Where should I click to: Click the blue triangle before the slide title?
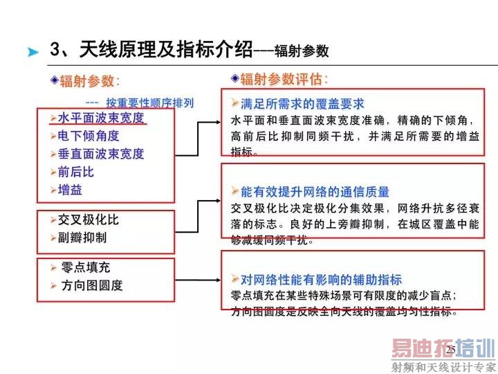click(x=33, y=51)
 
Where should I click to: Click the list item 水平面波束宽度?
click(x=101, y=118)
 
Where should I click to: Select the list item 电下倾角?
click(x=89, y=136)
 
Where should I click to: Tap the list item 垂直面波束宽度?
click(x=101, y=154)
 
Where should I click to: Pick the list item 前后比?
click(x=76, y=172)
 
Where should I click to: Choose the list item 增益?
click(x=70, y=190)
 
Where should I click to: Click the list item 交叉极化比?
click(x=89, y=220)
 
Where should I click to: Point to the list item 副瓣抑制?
click(x=82, y=238)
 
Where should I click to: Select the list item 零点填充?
click(x=86, y=267)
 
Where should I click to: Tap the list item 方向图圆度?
click(x=92, y=285)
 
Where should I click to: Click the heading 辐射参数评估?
click(x=281, y=79)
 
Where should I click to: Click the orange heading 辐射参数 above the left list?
click(x=86, y=81)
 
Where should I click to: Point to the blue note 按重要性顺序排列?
click(x=149, y=103)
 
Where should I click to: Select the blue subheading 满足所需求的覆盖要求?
click(x=302, y=104)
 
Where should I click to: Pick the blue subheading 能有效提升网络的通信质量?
click(x=315, y=192)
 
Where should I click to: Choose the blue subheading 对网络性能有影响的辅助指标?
click(x=321, y=280)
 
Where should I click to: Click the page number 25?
click(x=451, y=350)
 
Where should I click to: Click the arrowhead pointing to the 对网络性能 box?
click(x=218, y=280)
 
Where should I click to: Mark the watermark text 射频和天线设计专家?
click(x=443, y=367)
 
